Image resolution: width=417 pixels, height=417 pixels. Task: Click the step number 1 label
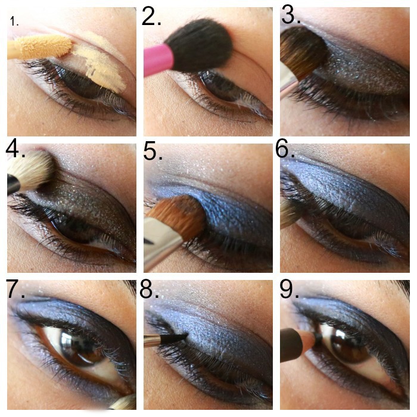(x=14, y=21)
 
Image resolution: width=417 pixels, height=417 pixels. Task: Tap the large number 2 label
(x=151, y=16)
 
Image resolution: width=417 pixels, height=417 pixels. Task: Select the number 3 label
(x=291, y=15)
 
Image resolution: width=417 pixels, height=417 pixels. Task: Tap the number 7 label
(x=15, y=289)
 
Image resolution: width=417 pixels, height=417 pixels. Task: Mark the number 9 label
(x=290, y=289)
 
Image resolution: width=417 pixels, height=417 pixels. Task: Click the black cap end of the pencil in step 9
(x=291, y=345)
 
